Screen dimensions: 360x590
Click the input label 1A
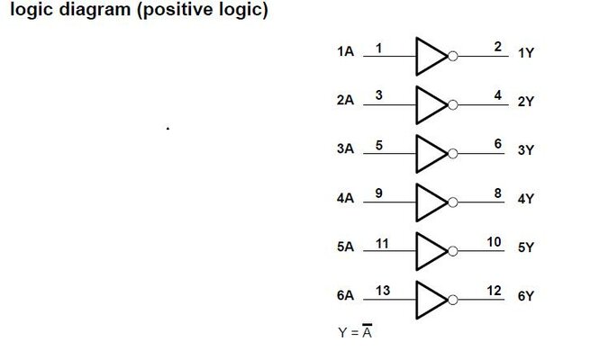345,53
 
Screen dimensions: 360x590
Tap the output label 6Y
526,295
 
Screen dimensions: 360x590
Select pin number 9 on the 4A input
378,193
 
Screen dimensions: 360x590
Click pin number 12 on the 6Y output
494,290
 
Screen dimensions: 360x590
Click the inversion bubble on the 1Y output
453,57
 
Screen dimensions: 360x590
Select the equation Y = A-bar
356,332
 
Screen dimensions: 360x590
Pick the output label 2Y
526,102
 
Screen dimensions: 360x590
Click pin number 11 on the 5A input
381,241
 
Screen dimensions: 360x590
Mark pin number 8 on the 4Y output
497,193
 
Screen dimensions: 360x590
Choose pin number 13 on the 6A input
382,290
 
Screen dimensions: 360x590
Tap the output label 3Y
526,150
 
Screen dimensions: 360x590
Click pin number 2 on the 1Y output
497,47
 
